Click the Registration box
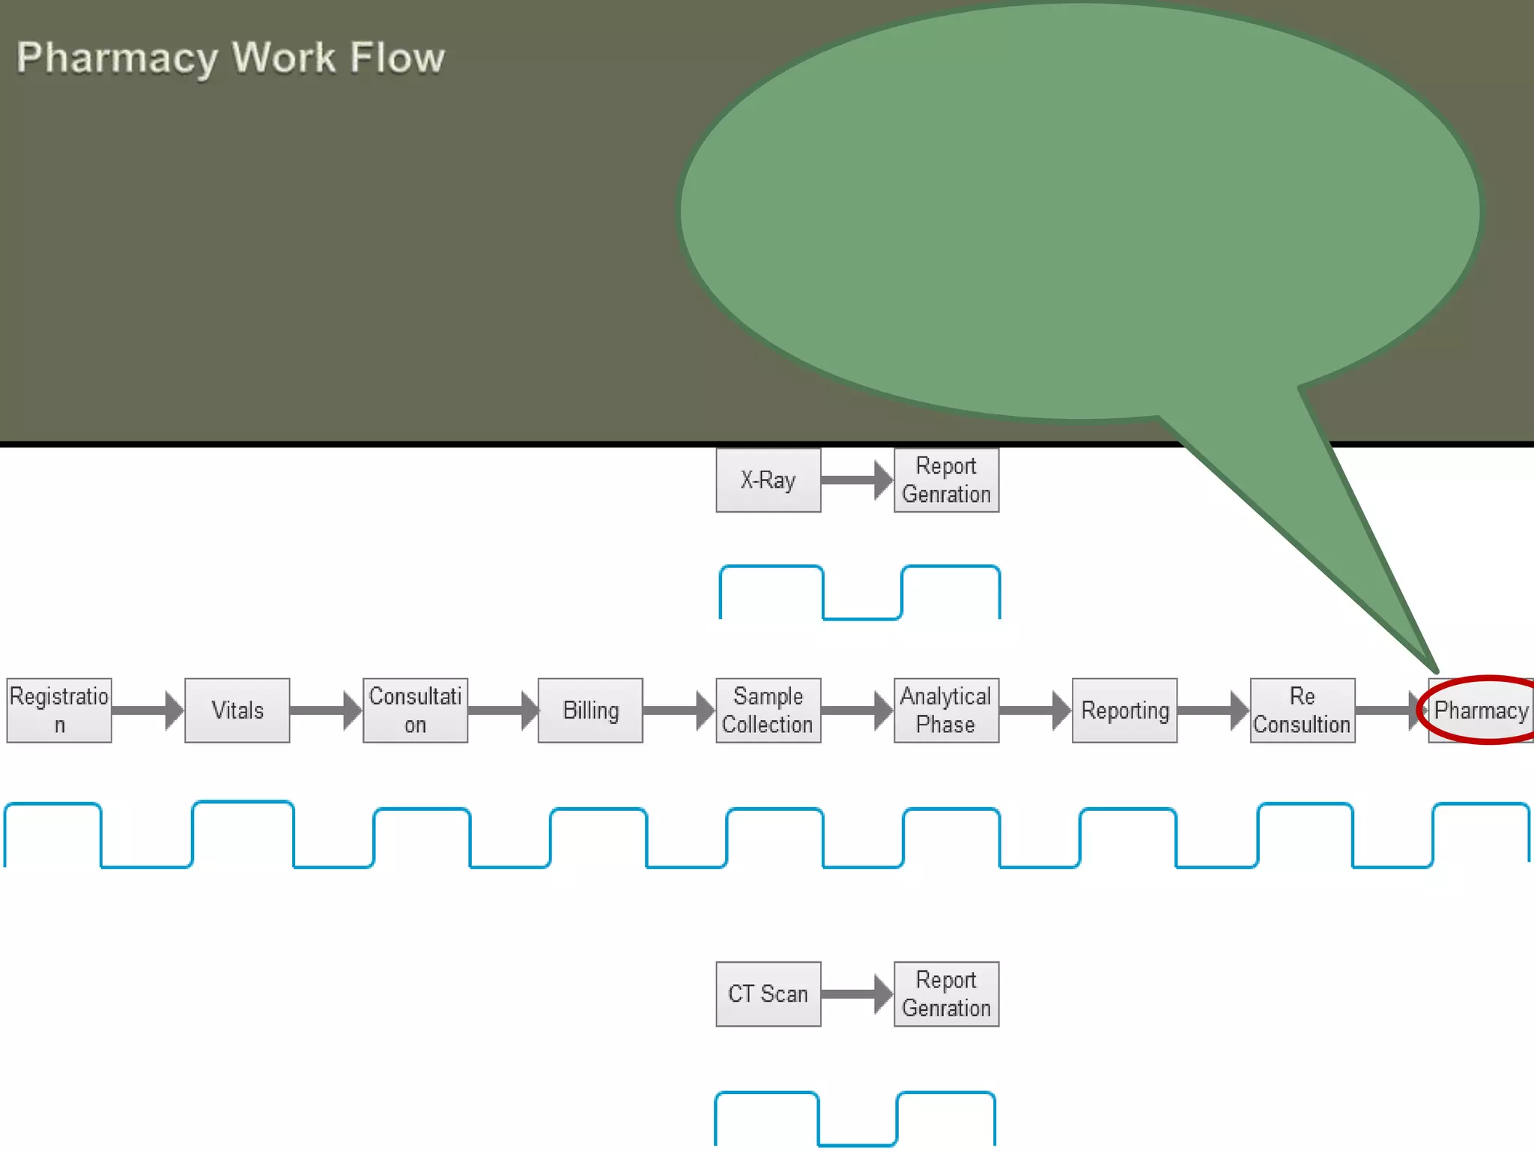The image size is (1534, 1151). point(59,710)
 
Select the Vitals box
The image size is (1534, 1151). point(237,710)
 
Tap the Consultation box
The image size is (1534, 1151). point(415,710)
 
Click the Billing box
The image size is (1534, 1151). point(590,710)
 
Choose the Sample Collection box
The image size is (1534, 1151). point(768,710)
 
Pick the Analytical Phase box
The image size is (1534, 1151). point(946,710)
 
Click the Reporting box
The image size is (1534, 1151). point(1124,710)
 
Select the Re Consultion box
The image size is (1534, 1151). point(1302,710)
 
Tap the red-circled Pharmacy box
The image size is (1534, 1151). point(1480,710)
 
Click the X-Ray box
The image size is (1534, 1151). point(768,480)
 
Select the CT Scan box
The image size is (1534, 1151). point(768,994)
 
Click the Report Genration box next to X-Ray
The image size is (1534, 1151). point(946,480)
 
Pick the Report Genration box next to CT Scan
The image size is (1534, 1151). point(946,994)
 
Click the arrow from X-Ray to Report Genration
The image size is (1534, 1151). point(857,480)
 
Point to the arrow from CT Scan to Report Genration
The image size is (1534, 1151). point(857,994)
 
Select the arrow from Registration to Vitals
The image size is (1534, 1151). point(148,710)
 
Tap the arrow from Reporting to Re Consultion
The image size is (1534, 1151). point(1213,710)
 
